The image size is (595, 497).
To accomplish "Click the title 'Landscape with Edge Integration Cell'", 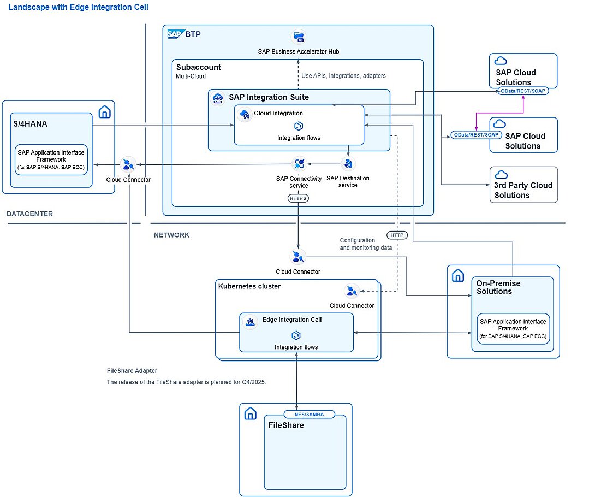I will tap(78, 7).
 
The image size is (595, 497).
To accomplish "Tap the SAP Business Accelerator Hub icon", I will tap(299, 37).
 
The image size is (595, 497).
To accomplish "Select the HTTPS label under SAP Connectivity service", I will tap(298, 198).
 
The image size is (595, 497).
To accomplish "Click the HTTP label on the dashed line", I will tap(397, 235).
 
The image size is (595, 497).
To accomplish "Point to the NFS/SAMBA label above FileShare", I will tap(310, 415).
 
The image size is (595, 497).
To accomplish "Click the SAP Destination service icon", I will tap(348, 163).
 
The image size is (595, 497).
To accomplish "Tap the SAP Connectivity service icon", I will tap(299, 163).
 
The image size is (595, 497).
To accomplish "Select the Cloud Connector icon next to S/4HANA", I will tap(129, 164).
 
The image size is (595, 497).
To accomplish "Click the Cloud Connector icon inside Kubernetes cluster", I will tap(352, 291).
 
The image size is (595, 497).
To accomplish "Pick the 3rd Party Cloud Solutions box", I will tap(523, 185).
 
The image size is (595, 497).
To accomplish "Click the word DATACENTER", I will tap(30, 214).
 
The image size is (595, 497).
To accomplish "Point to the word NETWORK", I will tap(171, 235).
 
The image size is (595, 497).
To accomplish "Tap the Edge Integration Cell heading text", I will tap(292, 319).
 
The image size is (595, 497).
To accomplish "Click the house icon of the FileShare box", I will tap(250, 413).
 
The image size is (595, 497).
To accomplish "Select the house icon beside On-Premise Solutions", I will tap(457, 276).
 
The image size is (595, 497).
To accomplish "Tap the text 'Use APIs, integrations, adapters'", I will tap(343, 76).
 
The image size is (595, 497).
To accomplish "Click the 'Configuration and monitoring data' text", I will tap(365, 244).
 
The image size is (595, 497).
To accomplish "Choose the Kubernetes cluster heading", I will tap(249, 286).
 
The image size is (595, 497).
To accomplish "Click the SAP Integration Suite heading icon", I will tap(218, 98).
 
